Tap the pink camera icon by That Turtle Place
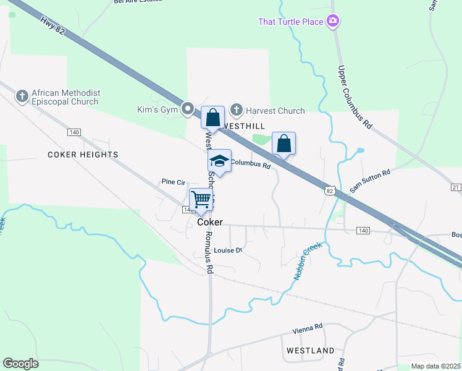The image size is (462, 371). click(x=334, y=22)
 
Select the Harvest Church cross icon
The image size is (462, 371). click(x=236, y=110)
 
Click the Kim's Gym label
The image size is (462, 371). click(x=157, y=110)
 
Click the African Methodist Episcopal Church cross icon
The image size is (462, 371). click(x=22, y=96)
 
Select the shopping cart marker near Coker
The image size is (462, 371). click(x=201, y=200)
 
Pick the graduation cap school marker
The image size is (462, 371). click(x=219, y=161)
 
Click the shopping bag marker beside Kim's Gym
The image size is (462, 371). click(x=212, y=117)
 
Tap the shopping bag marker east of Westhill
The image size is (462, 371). click(x=283, y=143)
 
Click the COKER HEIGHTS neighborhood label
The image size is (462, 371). click(x=83, y=154)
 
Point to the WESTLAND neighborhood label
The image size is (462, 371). click(x=311, y=351)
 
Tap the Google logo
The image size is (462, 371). click(x=21, y=364)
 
